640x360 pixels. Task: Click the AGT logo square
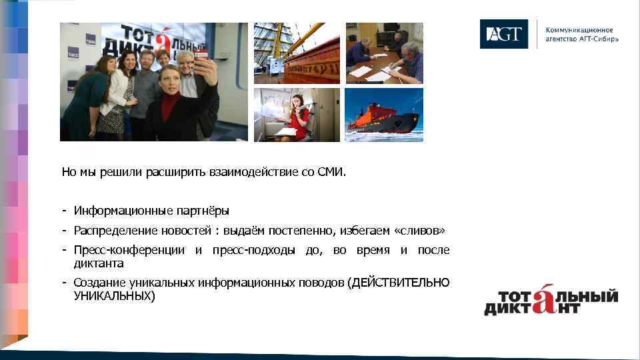pos(503,34)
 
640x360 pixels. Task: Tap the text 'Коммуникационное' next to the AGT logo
pos(579,31)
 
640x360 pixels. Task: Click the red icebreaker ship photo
pos(383,115)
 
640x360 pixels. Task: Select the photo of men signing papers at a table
pos(383,53)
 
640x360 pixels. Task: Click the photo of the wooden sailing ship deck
pos(297,53)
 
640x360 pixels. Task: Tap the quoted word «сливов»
pos(419,231)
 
